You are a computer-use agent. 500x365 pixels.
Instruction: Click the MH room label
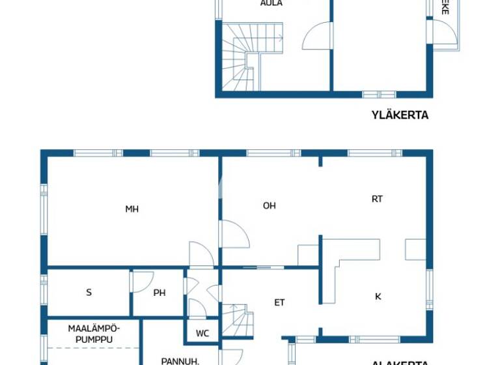pyautogui.click(x=132, y=209)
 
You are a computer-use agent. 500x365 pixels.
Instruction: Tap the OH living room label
pyautogui.click(x=269, y=205)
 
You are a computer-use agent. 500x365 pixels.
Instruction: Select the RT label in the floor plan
pyautogui.click(x=377, y=199)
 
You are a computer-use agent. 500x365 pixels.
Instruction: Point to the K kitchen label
pyautogui.click(x=378, y=297)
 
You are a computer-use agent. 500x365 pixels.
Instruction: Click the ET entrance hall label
pyautogui.click(x=279, y=302)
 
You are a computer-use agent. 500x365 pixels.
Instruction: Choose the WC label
pyautogui.click(x=202, y=333)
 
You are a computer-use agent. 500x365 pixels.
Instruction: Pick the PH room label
pyautogui.click(x=160, y=293)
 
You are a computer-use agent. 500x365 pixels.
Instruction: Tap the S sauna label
pyautogui.click(x=89, y=293)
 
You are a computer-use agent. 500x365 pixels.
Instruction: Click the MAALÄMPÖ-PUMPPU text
pyautogui.click(x=94, y=333)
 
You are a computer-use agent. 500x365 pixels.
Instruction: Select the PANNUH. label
pyautogui.click(x=176, y=360)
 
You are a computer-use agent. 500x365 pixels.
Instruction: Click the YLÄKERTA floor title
pyautogui.click(x=400, y=115)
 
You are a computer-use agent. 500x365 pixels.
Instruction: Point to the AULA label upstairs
pyautogui.click(x=271, y=3)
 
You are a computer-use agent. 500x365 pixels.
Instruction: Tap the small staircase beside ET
pyautogui.click(x=238, y=319)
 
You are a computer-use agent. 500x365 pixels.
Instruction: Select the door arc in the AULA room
pyautogui.click(x=317, y=36)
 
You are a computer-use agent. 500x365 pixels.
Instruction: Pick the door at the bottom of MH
pyautogui.click(x=201, y=254)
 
